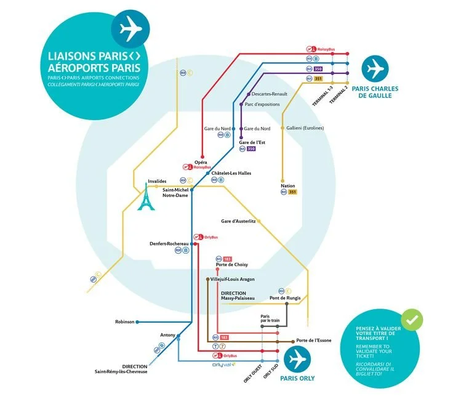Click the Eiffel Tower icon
click(146, 198)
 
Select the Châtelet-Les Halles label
click(231, 173)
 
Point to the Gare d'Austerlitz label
click(238, 221)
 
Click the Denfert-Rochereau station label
click(169, 243)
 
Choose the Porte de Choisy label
click(232, 265)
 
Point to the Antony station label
click(167, 335)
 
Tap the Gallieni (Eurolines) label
click(305, 128)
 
